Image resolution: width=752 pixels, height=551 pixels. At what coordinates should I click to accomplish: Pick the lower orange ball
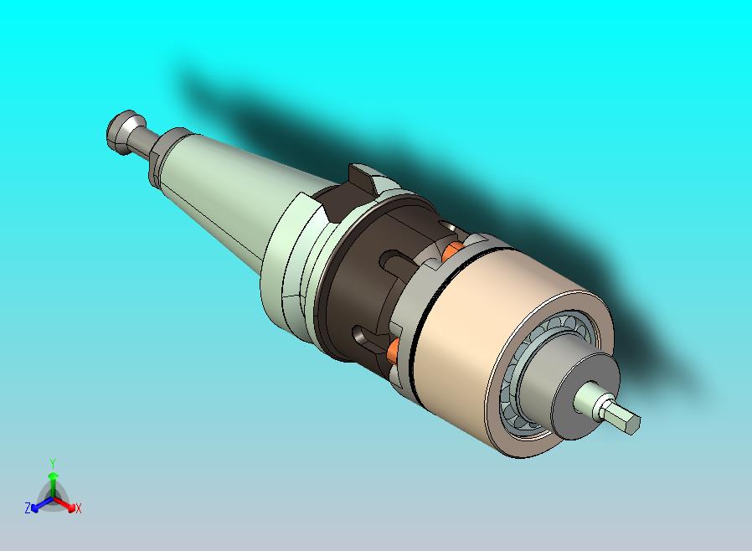[394, 349]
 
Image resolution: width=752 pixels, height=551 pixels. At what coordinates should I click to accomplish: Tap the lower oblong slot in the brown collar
[360, 337]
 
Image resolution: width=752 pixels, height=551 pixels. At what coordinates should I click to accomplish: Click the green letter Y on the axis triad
[53, 463]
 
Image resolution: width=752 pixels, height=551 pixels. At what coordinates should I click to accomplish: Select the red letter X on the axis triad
[78, 508]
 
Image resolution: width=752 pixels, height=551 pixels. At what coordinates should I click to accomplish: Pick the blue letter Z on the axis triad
[28, 508]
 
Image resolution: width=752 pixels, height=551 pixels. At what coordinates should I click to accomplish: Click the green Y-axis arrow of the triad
[53, 481]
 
